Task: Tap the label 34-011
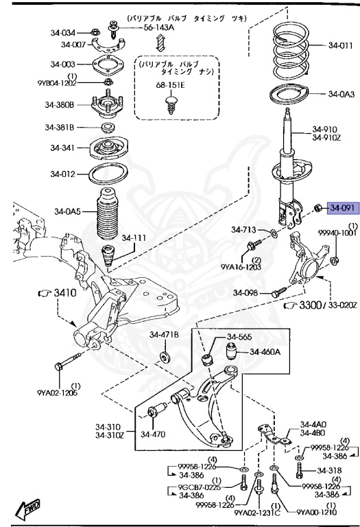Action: (x=340, y=46)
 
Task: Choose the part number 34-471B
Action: (x=165, y=334)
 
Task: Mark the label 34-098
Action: (x=246, y=293)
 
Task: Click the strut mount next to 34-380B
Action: (x=108, y=105)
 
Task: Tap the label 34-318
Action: (x=330, y=470)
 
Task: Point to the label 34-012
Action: (x=61, y=174)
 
